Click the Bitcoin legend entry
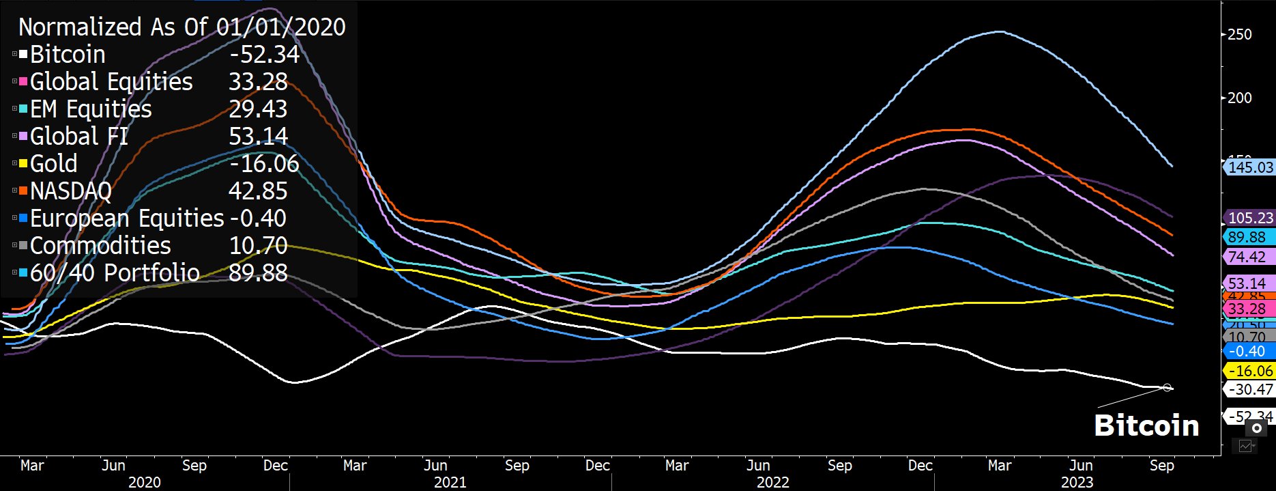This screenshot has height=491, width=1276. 68,55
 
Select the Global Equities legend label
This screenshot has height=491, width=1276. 111,82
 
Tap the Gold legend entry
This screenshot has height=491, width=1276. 53,164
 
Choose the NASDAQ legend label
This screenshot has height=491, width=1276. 70,191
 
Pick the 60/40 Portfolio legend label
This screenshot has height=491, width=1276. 115,273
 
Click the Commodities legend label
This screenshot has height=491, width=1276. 100,246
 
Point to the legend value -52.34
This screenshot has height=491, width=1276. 264,55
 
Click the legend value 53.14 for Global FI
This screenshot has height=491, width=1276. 258,137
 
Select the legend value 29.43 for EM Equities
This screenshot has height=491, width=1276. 258,109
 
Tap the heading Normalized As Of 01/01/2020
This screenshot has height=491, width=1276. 182,27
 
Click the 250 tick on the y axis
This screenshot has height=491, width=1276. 1239,34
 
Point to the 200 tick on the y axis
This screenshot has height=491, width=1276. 1239,98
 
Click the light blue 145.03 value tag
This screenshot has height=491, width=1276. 1250,167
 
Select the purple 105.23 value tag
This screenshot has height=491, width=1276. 1250,218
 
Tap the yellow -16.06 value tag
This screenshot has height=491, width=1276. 1250,371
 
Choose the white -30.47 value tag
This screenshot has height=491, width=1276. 1250,389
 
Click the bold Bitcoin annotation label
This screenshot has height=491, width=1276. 1146,425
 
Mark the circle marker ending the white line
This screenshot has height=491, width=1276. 1168,388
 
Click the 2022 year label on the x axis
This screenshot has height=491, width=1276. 772,482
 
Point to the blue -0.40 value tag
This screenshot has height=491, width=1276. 1250,351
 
